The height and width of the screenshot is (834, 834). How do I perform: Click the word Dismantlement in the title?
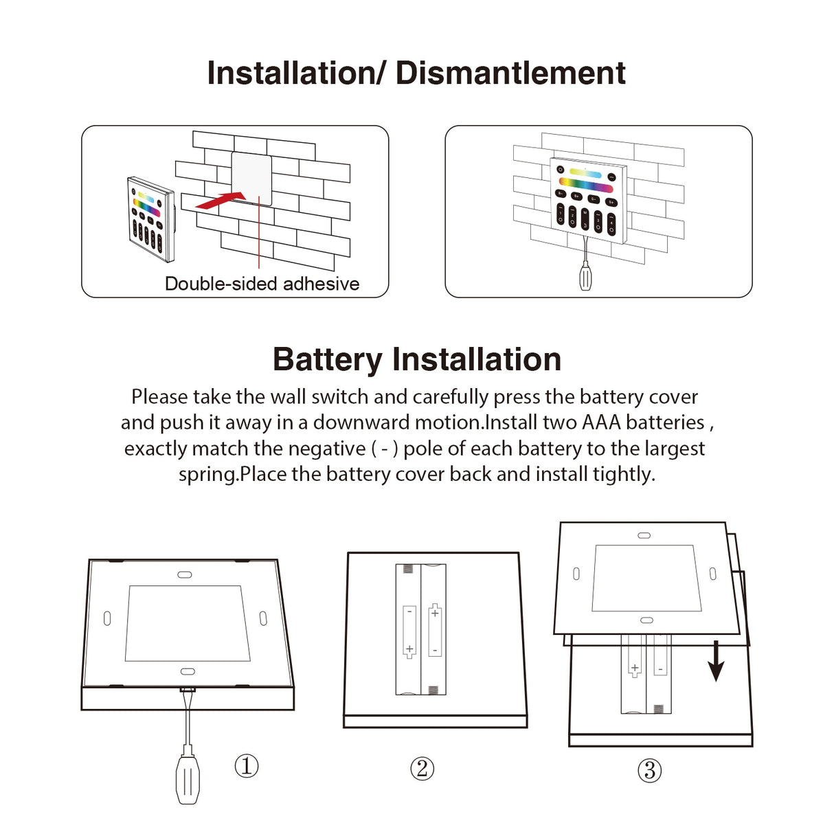pos(510,73)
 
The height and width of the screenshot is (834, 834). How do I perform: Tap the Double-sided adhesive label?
pos(262,284)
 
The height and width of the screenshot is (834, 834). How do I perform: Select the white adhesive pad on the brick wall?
pos(251,177)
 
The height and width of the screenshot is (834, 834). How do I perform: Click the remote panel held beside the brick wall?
pos(150,219)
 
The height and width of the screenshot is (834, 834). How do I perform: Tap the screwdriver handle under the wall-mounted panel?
pos(585,276)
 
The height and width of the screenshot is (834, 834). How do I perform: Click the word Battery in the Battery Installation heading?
pos(327,359)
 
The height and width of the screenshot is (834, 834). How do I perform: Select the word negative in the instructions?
pos(326,449)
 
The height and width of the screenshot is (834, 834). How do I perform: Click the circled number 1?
pos(247,765)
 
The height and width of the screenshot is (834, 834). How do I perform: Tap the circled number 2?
pos(422,768)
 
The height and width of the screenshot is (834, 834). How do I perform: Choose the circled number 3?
pos(649,771)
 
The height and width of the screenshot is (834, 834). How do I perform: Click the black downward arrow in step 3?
pos(716,661)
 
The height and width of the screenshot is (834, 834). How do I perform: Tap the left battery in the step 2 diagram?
pos(408,629)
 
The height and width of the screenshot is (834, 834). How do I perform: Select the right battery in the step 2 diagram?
pos(434,629)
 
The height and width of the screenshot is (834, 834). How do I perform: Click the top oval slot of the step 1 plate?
pos(185,574)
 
